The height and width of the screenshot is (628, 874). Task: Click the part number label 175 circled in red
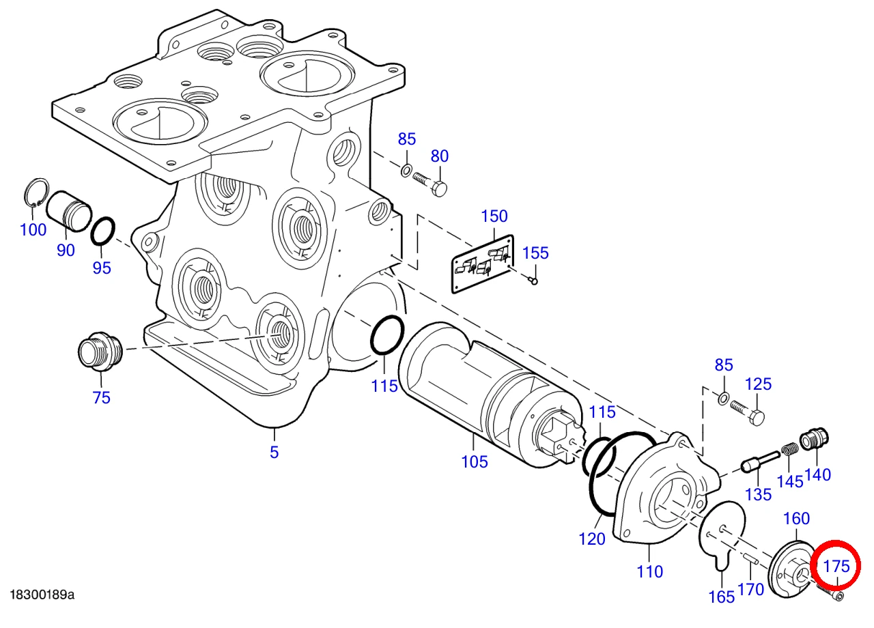tap(836, 566)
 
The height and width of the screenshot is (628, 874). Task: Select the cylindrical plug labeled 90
tap(69, 212)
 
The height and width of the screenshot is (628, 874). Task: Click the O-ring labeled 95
tap(103, 231)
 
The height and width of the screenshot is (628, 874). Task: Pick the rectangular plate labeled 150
tap(483, 263)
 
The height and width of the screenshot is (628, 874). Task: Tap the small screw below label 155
tap(533, 280)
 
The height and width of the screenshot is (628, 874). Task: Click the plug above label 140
tap(815, 440)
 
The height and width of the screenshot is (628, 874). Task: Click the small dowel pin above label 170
tap(750, 558)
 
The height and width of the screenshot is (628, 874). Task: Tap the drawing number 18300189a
tap(42, 595)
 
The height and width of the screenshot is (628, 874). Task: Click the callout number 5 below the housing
tap(274, 452)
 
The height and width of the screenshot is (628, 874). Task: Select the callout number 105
tap(475, 462)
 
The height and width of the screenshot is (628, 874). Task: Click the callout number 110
tap(649, 572)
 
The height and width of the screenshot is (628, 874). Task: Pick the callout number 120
tap(592, 539)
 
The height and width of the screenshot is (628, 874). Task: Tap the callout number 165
tap(722, 597)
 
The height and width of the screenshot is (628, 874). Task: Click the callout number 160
tap(796, 518)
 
